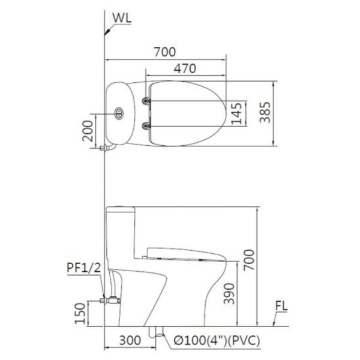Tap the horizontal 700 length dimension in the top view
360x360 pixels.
(164, 52)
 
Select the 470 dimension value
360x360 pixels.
(186, 68)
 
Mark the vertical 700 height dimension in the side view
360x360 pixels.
(249, 261)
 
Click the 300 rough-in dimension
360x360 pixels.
(130, 341)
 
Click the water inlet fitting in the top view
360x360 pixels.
(107, 146)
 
